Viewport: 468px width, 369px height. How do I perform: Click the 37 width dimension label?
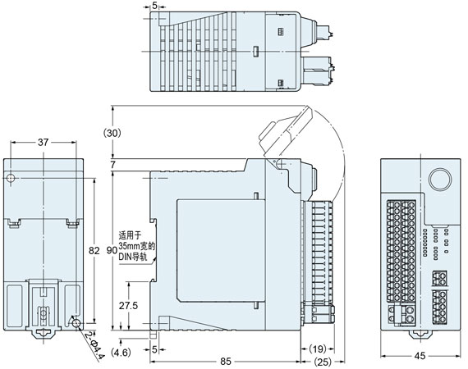[x=42, y=143]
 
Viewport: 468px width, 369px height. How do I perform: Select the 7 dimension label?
[x=114, y=166]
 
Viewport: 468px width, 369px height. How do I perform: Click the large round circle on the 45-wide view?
[x=439, y=180]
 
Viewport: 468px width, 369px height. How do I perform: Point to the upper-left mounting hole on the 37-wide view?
[x=11, y=179]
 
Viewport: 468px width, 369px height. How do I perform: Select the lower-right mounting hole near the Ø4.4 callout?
[x=76, y=324]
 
